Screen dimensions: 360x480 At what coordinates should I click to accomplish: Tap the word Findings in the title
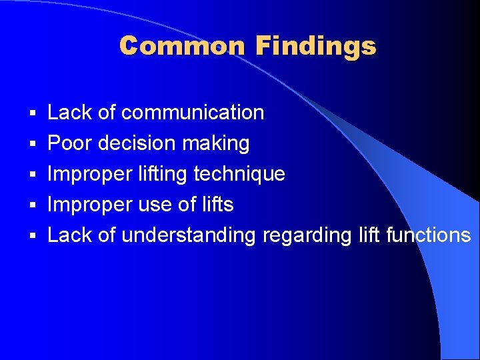[315, 47]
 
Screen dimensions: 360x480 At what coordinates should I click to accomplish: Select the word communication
[193, 113]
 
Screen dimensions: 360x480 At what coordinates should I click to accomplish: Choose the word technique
[239, 175]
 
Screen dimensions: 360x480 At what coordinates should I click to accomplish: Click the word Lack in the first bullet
[70, 113]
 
